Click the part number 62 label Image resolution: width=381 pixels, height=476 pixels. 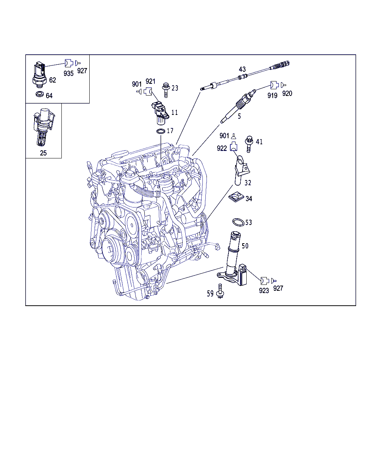click(x=52, y=80)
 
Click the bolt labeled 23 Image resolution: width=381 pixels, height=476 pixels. click(x=166, y=90)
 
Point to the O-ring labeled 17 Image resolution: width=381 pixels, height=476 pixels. click(x=160, y=131)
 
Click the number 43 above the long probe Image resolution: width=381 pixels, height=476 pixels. click(x=242, y=69)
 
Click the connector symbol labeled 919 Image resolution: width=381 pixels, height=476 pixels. click(x=274, y=85)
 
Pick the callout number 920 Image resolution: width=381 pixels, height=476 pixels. click(x=287, y=93)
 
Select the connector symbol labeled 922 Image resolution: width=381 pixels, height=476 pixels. click(x=233, y=146)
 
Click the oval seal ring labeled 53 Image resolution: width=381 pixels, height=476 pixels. click(x=238, y=222)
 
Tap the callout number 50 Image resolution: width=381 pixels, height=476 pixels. click(x=245, y=246)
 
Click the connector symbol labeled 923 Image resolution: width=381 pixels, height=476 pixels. click(x=264, y=280)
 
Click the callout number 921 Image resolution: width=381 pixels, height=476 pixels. click(x=150, y=81)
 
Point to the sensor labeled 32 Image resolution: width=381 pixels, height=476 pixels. click(x=240, y=171)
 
